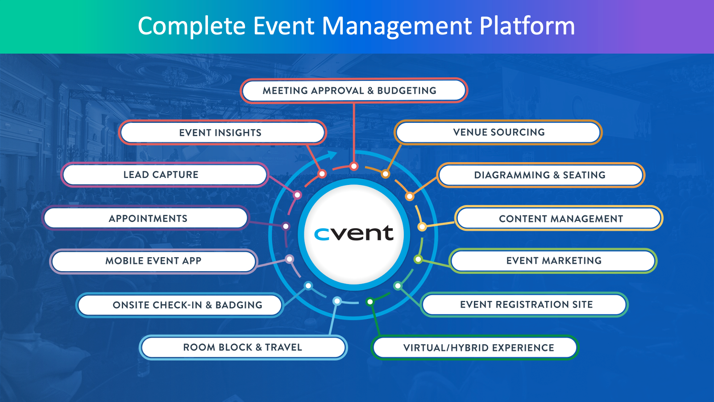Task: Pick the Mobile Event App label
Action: point(153,261)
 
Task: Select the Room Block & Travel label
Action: point(243,348)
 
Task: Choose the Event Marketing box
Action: point(553,261)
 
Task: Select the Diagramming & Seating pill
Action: point(540,175)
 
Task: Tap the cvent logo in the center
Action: point(354,234)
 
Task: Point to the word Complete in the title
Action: point(191,26)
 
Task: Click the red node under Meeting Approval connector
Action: point(354,167)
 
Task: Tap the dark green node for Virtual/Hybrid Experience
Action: point(370,302)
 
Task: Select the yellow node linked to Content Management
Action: point(422,226)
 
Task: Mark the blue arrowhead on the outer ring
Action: point(332,155)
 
